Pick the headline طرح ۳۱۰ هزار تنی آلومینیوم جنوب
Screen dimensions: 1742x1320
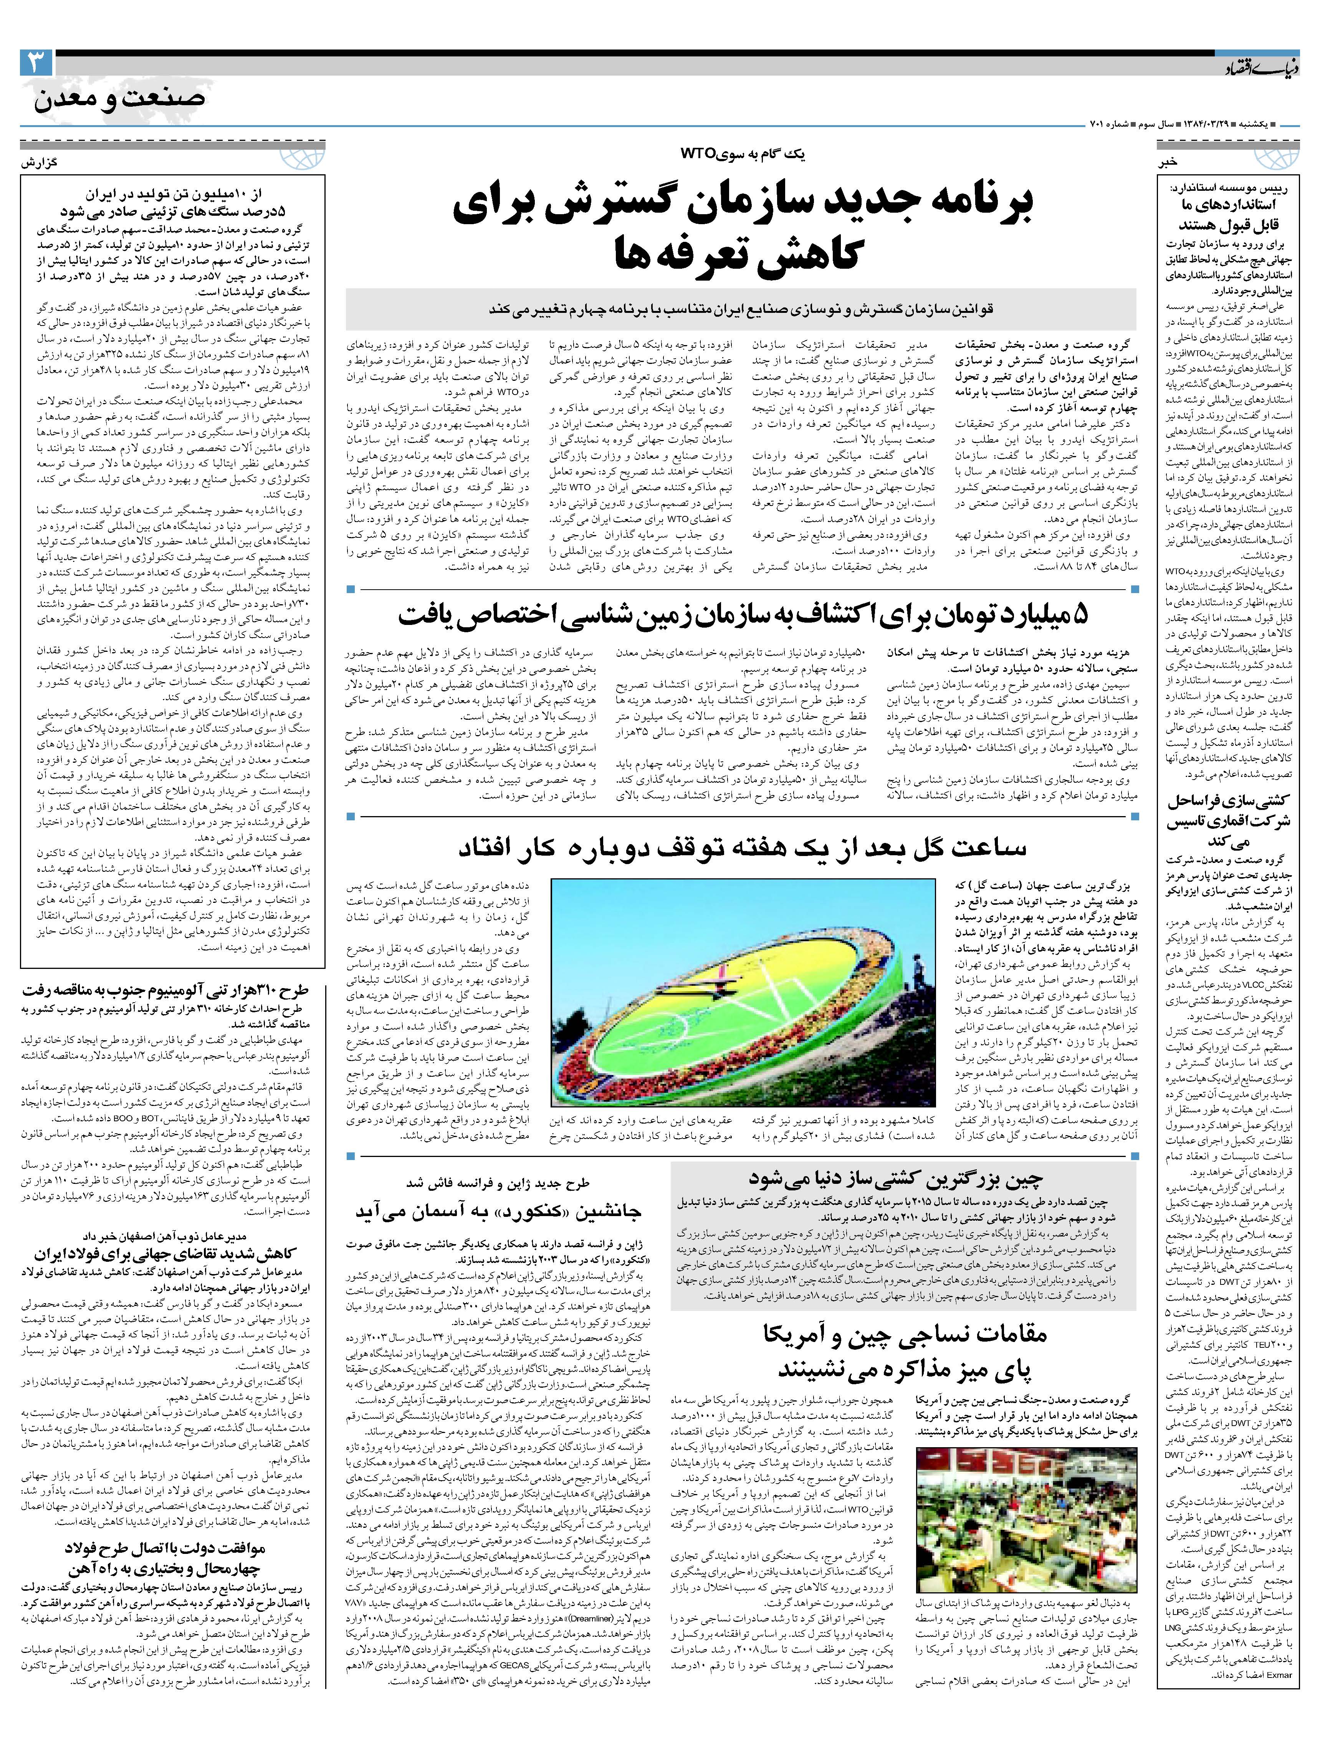pos(173,990)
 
